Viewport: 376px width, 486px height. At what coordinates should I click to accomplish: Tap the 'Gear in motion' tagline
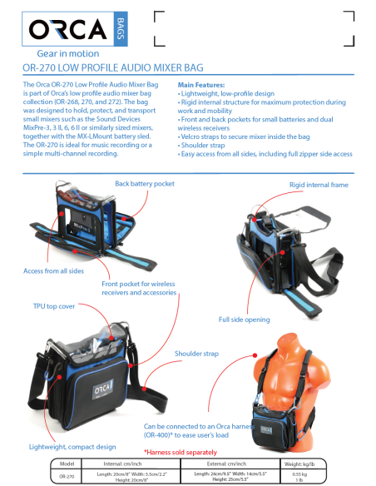click(62, 53)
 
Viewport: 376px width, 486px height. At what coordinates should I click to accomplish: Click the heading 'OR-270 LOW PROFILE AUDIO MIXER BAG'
click(113, 67)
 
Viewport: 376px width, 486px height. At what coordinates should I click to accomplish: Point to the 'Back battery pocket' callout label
click(145, 182)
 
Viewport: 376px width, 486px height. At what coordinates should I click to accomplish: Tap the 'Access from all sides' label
click(55, 270)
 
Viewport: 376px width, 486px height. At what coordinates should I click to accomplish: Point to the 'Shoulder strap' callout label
click(196, 354)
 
